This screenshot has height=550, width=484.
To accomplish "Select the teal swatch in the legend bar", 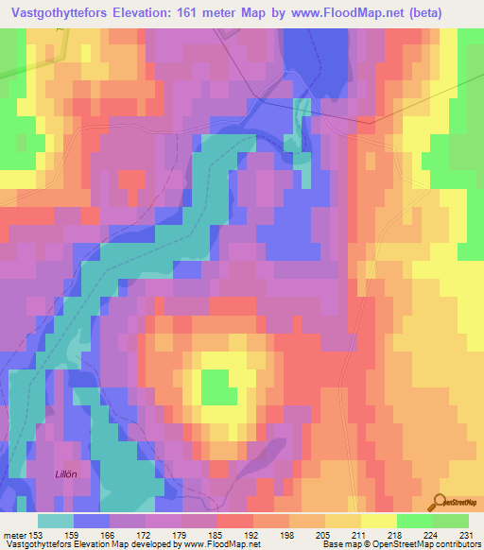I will click(56, 520).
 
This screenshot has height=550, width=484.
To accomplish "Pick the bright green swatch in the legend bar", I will click(414, 520).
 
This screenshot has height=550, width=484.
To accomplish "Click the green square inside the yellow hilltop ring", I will click(218, 387).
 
